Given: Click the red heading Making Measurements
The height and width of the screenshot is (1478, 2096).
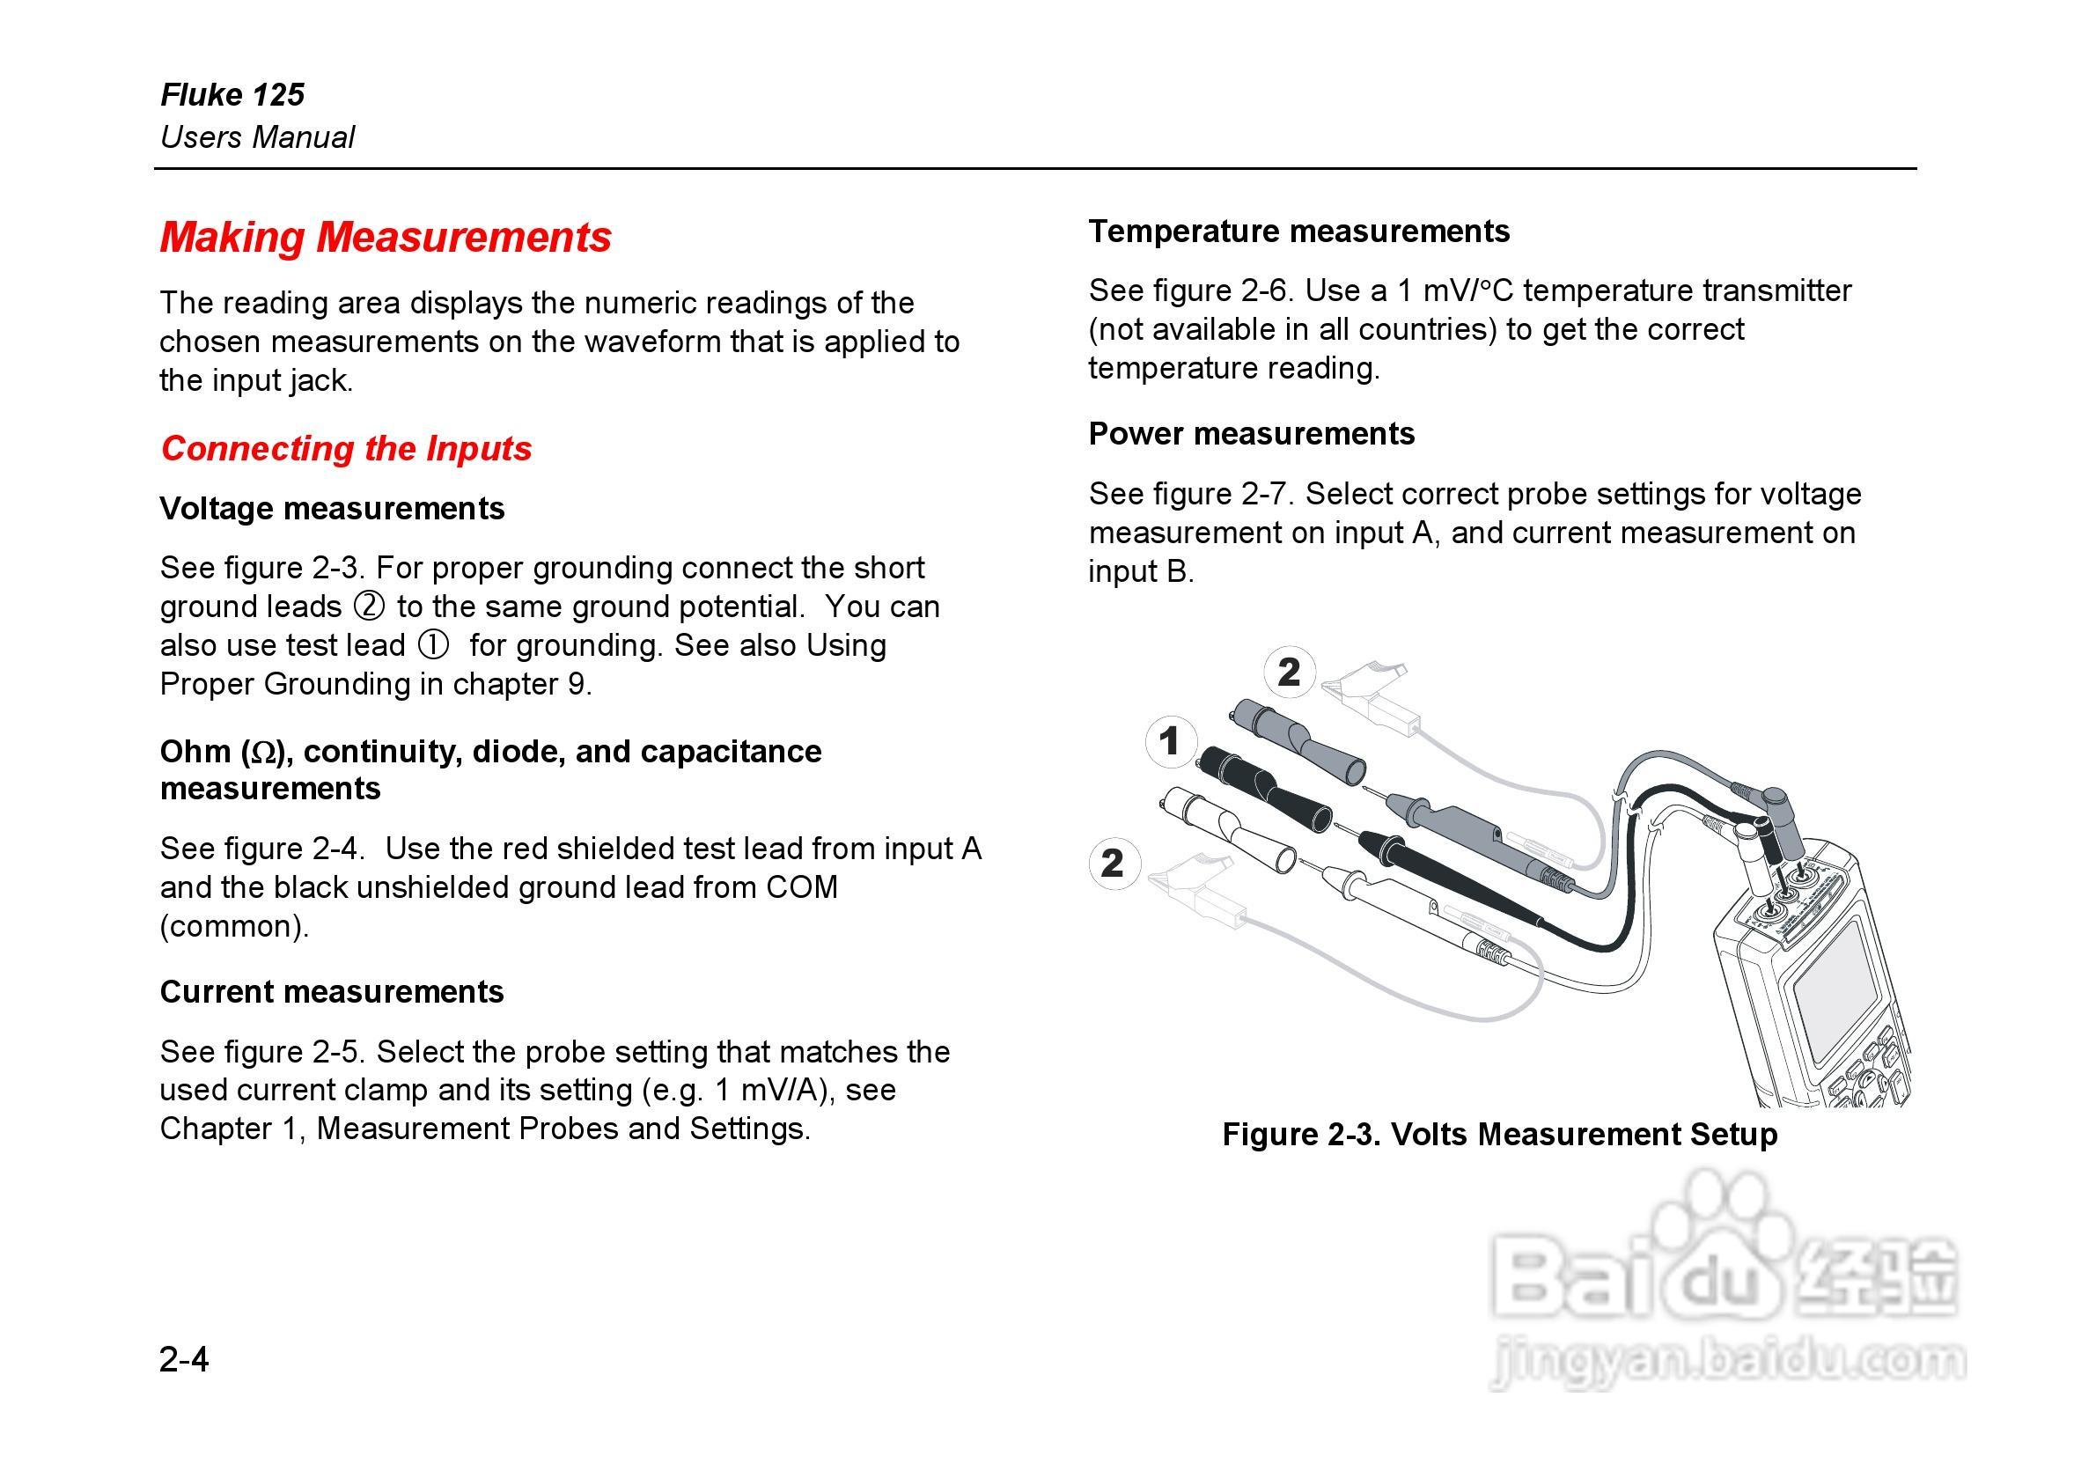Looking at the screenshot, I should tap(386, 237).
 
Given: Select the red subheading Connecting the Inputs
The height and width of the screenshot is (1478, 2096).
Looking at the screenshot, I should tap(346, 448).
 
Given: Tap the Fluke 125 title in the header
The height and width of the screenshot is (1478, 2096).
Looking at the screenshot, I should tap(232, 94).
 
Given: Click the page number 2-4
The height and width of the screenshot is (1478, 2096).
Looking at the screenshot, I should tap(183, 1359).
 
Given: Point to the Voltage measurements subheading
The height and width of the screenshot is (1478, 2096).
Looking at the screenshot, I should tap(331, 508).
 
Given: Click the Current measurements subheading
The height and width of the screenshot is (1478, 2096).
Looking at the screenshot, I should tap(331, 991).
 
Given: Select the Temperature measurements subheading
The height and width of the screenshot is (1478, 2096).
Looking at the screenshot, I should tap(1298, 231).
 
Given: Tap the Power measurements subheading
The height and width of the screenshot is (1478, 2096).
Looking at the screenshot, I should tap(1251, 433).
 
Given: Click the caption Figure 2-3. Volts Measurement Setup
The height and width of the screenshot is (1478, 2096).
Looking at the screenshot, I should tap(1499, 1134).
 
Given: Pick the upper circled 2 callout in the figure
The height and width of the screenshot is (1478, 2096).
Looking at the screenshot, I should tap(1288, 672).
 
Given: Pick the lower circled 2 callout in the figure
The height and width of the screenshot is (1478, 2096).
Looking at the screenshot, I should tap(1113, 863).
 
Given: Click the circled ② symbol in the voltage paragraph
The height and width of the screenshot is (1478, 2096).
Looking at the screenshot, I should tap(369, 607).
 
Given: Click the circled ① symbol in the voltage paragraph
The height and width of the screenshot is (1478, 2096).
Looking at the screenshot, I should tap(434, 645).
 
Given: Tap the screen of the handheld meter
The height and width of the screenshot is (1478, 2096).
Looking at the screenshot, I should tap(1835, 986).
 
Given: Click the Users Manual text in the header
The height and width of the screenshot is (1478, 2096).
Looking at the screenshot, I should tap(257, 137).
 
